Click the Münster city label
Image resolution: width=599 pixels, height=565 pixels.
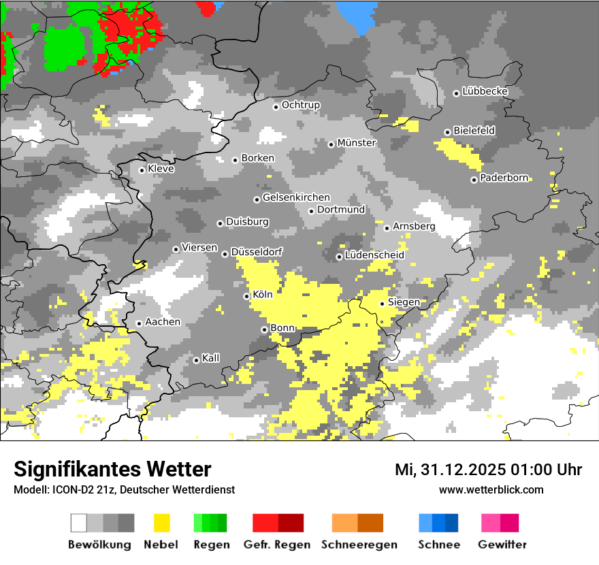click(357, 143)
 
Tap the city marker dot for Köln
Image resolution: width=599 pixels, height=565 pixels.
click(247, 296)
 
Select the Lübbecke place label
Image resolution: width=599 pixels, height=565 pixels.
click(485, 91)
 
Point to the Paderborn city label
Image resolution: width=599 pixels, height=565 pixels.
click(504, 178)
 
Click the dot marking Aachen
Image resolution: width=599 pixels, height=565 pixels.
click(139, 323)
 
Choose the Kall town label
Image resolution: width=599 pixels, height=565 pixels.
click(211, 358)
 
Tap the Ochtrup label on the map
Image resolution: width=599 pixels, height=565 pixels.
click(301, 105)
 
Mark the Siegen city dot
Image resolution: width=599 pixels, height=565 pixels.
click(383, 304)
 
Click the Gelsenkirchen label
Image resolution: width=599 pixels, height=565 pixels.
click(296, 197)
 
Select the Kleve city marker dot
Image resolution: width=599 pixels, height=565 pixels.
click(142, 170)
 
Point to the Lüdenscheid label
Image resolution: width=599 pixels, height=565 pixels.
click(374, 255)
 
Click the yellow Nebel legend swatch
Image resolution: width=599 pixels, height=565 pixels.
click(162, 523)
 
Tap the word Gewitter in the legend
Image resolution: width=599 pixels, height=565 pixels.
click(502, 545)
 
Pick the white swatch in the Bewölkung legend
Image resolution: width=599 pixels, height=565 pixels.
click(79, 523)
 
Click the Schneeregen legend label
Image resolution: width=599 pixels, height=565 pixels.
click(357, 545)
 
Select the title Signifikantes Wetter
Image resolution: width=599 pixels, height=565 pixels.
click(112, 470)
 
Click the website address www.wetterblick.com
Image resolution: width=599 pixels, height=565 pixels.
click(491, 489)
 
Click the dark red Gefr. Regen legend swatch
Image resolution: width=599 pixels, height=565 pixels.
click(291, 523)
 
